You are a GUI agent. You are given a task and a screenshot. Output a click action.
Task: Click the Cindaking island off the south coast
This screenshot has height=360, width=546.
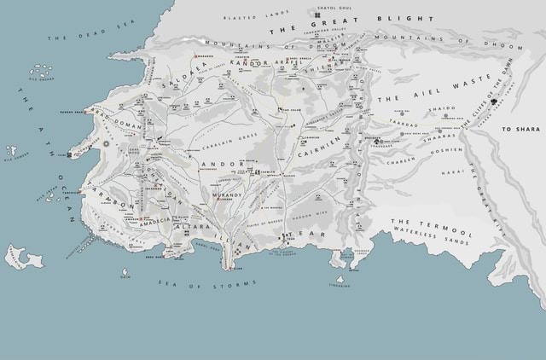[340, 280]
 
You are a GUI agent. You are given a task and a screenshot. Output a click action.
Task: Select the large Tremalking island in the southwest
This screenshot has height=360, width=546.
[24, 257]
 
